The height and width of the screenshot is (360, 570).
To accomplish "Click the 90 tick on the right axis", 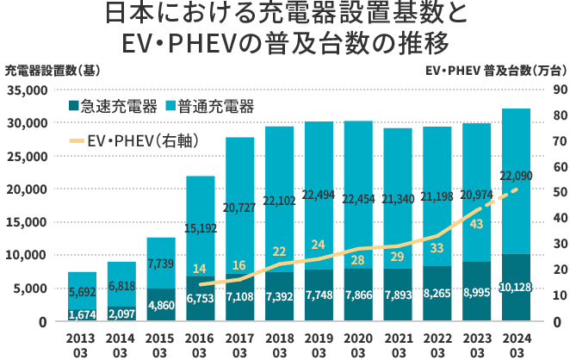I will pos(558,90).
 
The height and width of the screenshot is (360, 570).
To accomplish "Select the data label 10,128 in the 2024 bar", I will pos(516,286).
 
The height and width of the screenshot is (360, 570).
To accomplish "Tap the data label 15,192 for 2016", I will pos(201,228).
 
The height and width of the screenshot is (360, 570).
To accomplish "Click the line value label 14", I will pos(200,269).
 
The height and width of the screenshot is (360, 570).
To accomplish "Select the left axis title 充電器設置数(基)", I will pos(40,70).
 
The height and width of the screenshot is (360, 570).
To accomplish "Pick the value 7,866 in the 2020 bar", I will pos(359,295).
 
